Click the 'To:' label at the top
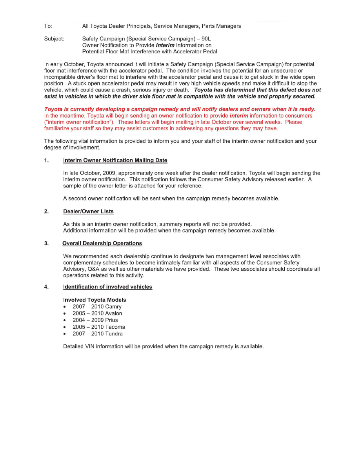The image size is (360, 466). pos(48,26)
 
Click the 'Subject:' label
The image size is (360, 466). pos(54,39)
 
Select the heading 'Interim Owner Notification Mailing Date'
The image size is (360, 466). pos(115,160)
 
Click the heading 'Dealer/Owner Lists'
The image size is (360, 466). pos(88,211)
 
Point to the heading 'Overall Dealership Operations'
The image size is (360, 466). pos(102,244)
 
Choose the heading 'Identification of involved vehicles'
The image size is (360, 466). pos(107,287)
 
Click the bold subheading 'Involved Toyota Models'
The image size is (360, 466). pos(95,300)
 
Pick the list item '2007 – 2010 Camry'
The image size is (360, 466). pos(97,307)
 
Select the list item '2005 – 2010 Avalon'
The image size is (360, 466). pos(97,313)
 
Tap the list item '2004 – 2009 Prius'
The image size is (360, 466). pos(95,320)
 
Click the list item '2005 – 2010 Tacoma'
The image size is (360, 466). pos(99,327)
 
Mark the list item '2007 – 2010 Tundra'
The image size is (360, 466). pos(97,334)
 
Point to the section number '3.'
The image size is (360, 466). pos(46,244)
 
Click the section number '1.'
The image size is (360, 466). pos(46,160)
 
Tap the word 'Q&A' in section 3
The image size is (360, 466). pos(89,269)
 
